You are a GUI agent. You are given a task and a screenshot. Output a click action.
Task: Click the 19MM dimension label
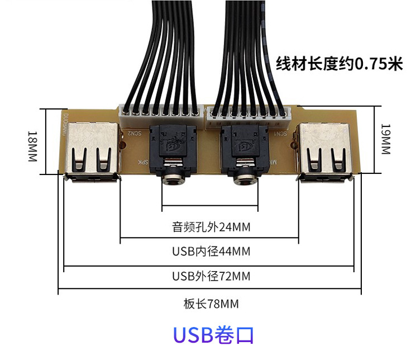pyautogui.click(x=386, y=140)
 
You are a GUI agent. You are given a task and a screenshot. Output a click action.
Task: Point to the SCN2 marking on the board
pyautogui.click(x=134, y=134)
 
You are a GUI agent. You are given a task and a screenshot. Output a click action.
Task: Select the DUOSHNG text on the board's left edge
pyautogui.click(x=65, y=126)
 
